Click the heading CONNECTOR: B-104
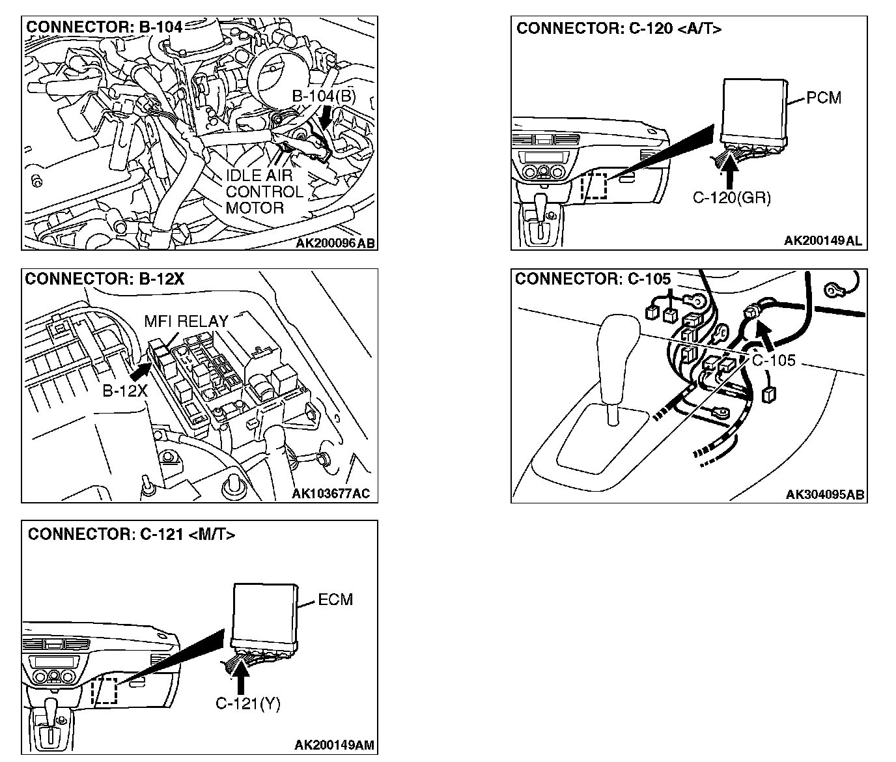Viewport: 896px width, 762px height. coord(104,27)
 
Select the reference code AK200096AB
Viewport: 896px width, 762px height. coord(335,243)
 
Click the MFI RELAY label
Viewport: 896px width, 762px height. coord(186,321)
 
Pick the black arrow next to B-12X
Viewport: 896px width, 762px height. coord(139,371)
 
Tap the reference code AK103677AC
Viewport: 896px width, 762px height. coord(330,494)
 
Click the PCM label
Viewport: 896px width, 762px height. coord(824,98)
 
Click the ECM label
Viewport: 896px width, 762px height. coord(335,600)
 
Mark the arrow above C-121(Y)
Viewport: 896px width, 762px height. coord(241,677)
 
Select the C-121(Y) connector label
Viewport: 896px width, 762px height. coord(247,704)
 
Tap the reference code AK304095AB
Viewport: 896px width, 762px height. coord(825,494)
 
